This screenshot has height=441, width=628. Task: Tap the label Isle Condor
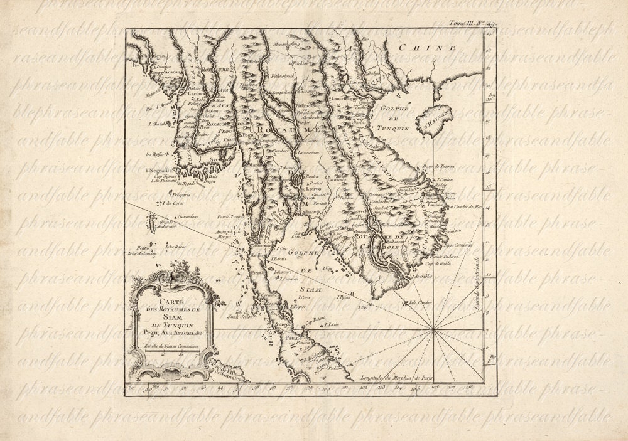click(x=421, y=302)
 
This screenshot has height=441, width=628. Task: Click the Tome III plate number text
click(x=471, y=23)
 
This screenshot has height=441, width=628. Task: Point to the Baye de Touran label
click(x=438, y=166)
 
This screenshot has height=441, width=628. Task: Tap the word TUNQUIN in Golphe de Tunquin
click(x=394, y=128)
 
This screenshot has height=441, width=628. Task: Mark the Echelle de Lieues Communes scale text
click(x=171, y=346)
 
